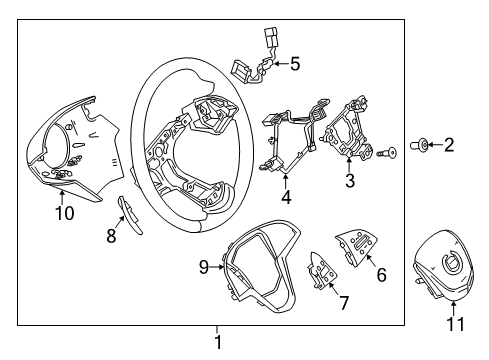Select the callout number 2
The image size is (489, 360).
tap(449, 146)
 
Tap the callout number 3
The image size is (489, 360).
tap(349, 181)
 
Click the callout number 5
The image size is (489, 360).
tap(294, 64)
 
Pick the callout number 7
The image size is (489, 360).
tap(344, 301)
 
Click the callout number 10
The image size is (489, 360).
tap(63, 213)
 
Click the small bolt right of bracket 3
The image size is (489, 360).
tap(386, 153)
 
